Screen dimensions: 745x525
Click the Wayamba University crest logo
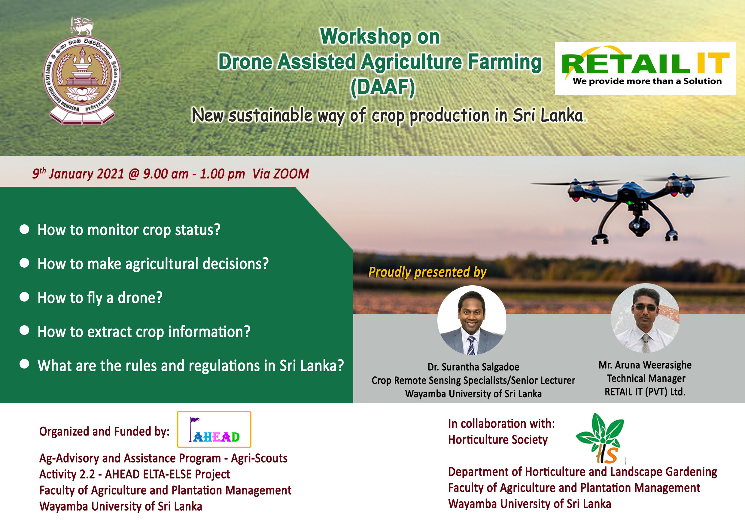click(x=82, y=71)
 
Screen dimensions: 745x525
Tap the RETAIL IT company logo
click(x=645, y=68)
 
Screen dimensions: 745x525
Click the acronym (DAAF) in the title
click(x=383, y=87)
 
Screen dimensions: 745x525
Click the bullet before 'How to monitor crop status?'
click(x=24, y=229)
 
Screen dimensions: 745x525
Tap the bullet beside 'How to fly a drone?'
click(x=24, y=297)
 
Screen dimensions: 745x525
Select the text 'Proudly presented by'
click(x=427, y=272)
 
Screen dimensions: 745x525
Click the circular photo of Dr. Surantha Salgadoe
click(x=472, y=320)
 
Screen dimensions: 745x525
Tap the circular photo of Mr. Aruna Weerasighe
click(x=645, y=318)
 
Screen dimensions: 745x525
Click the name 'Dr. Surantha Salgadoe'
click(x=473, y=367)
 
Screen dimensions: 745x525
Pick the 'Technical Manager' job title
click(x=646, y=379)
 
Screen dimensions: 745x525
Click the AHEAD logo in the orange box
click(x=214, y=429)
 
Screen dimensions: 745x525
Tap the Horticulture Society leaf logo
click(x=600, y=438)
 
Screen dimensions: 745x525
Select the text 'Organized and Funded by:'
click(x=104, y=432)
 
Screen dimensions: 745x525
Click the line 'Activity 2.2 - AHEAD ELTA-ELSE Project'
click(x=135, y=474)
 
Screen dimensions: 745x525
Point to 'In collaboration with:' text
click(x=502, y=424)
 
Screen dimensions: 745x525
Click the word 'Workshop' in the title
click(x=366, y=36)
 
